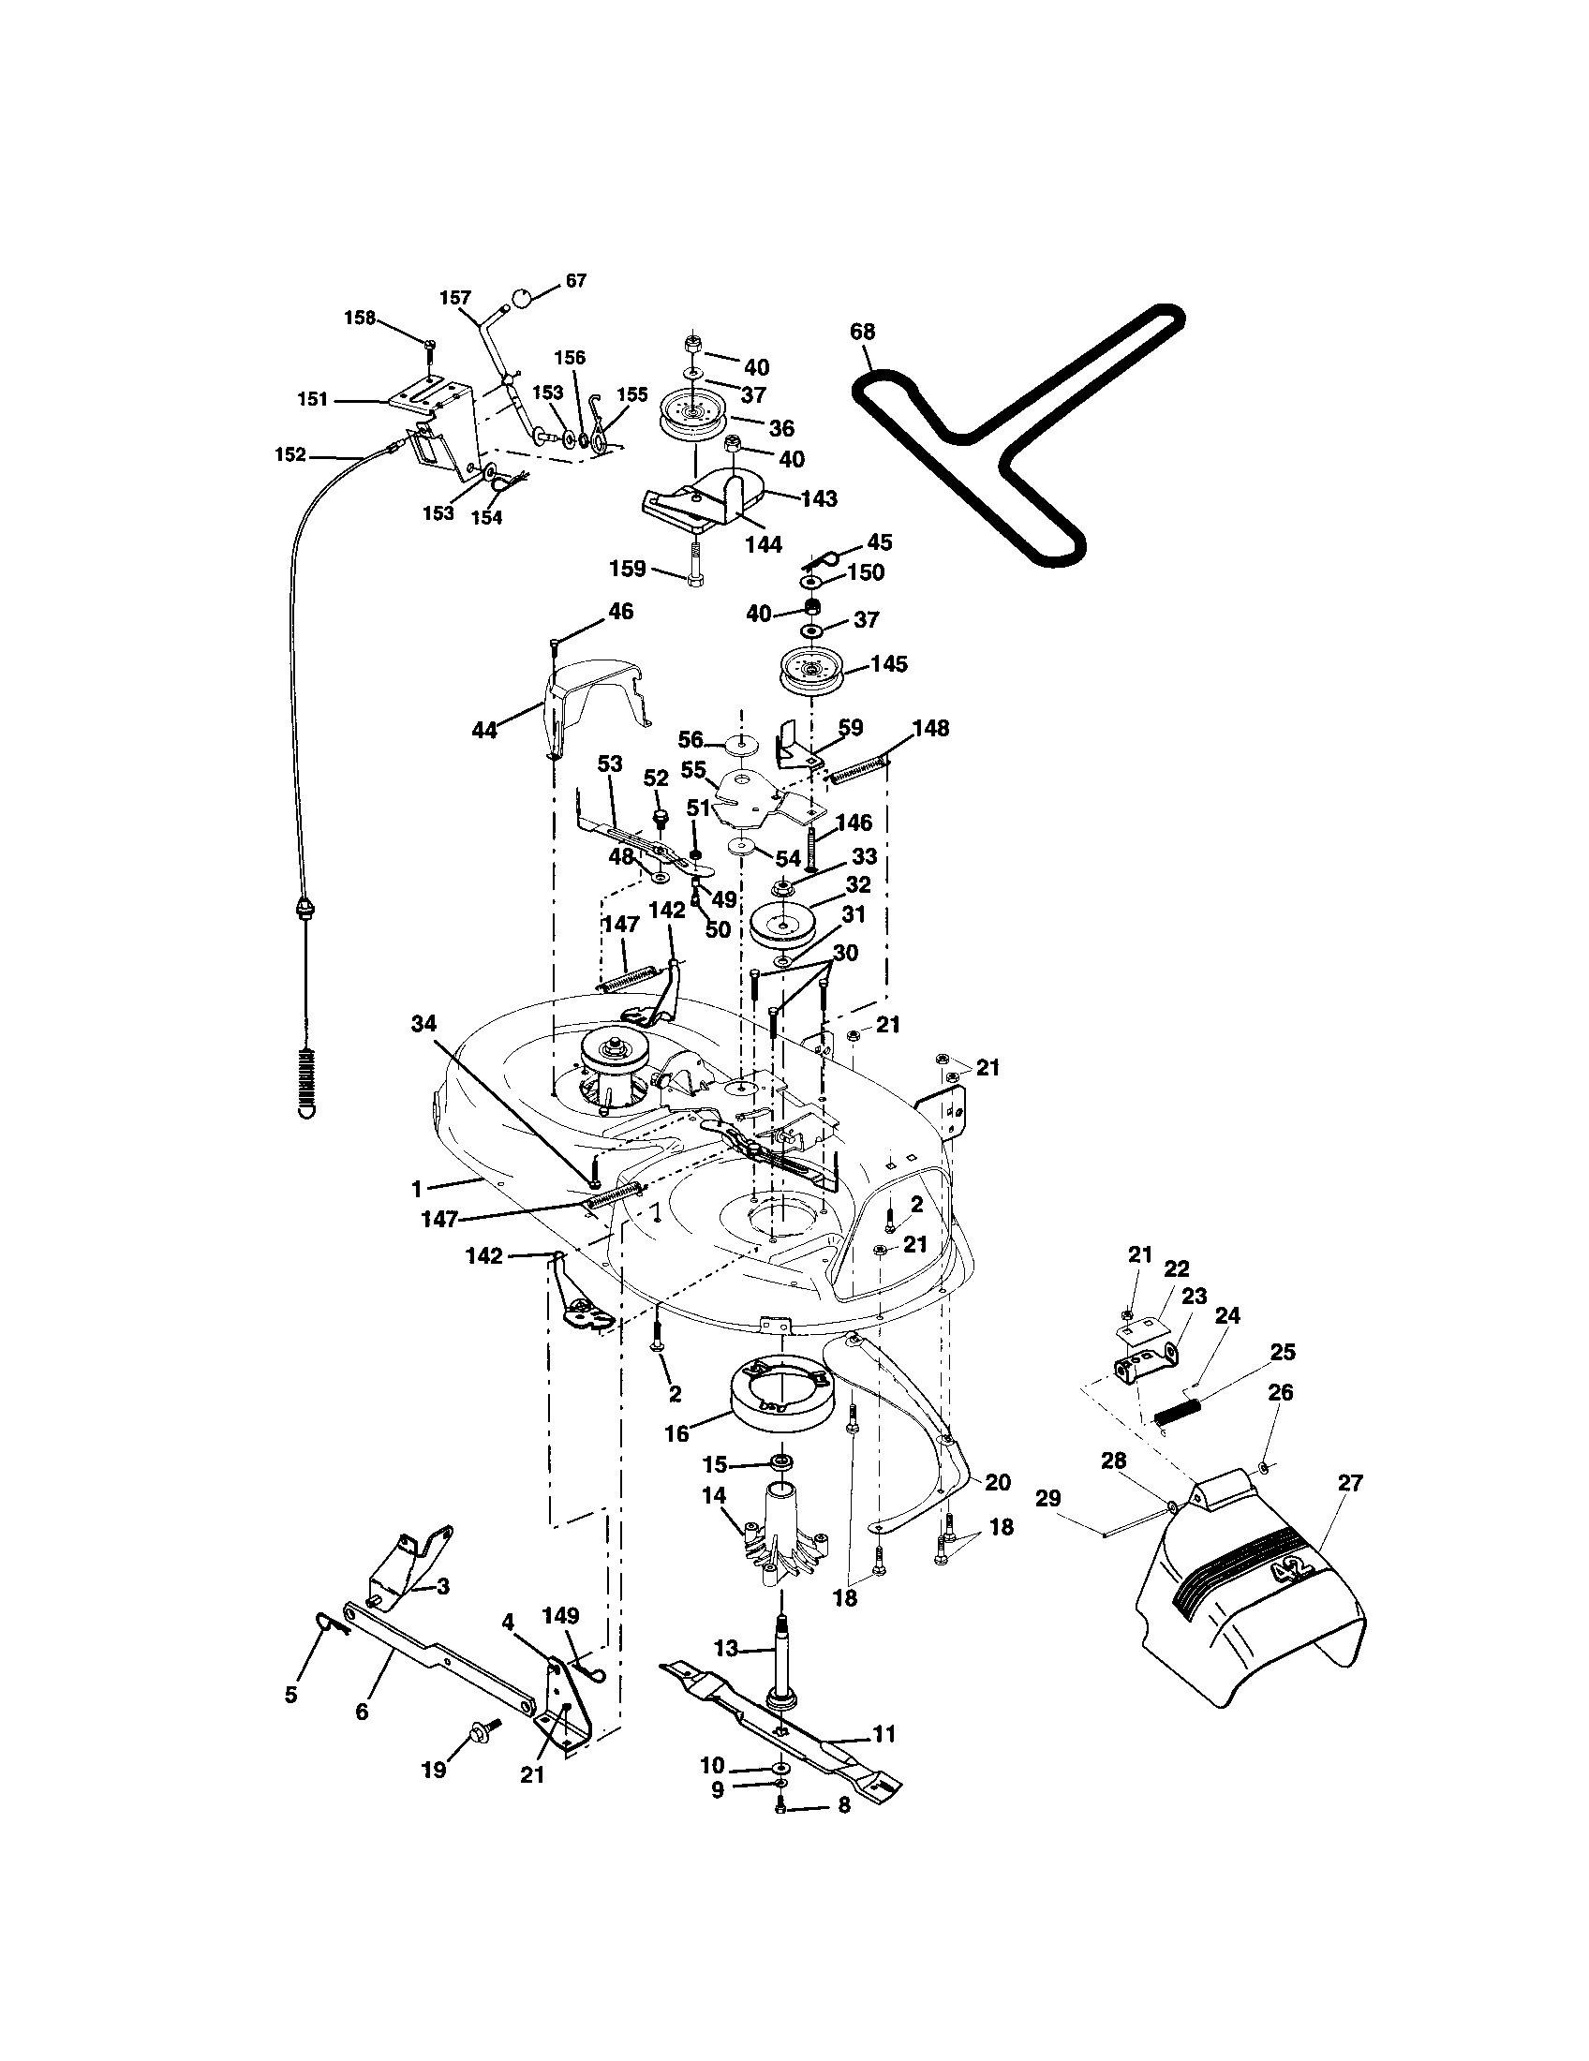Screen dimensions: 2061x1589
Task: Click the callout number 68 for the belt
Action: (862, 333)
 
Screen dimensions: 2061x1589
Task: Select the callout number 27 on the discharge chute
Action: (1350, 1484)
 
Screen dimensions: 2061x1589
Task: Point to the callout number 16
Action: (676, 1433)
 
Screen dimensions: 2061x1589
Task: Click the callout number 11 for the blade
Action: (884, 1733)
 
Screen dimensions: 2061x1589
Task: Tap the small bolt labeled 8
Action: (780, 1804)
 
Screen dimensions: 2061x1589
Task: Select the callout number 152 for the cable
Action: (290, 455)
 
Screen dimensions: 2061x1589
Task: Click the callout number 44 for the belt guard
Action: (484, 730)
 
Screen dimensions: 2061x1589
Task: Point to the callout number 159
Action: (628, 569)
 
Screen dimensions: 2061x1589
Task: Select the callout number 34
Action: (423, 1021)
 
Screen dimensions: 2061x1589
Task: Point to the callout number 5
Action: (290, 1695)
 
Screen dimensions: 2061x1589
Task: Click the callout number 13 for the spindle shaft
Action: (725, 1650)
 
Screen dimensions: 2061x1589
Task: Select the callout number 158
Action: (359, 318)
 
